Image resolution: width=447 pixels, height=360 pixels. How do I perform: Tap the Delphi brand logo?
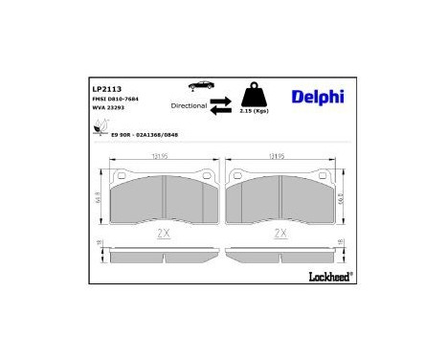tap(315, 96)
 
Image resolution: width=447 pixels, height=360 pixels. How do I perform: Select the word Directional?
tap(189, 105)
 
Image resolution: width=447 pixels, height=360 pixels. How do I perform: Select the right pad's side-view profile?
tap(279, 252)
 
